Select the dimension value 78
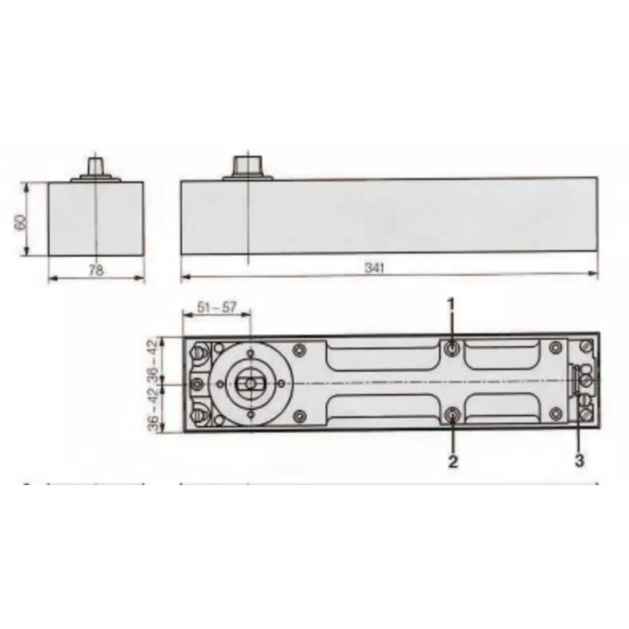click(95, 270)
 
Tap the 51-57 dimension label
click(217, 307)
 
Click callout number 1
click(452, 303)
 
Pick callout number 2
click(453, 462)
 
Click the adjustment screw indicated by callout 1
click(451, 348)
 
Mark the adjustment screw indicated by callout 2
click(452, 415)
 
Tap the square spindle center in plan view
click(248, 383)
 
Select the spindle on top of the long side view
click(247, 165)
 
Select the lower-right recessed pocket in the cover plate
click(503, 408)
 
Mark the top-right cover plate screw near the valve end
click(556, 347)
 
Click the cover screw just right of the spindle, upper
click(298, 350)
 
